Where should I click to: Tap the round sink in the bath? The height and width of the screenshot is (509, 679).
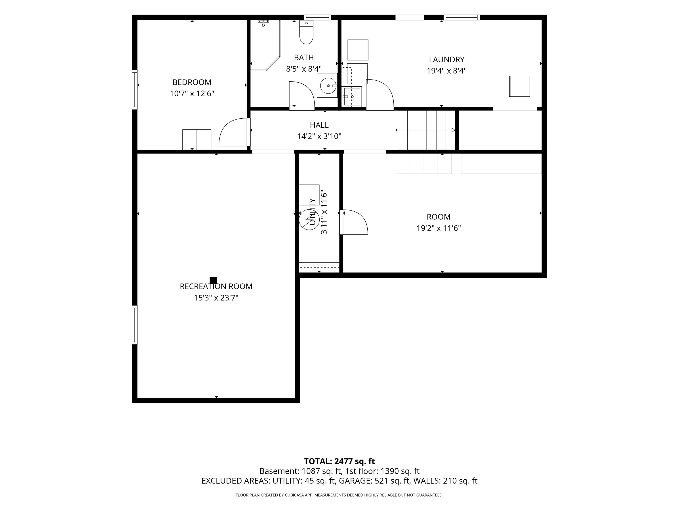(x=328, y=85)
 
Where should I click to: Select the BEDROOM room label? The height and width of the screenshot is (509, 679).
(x=192, y=82)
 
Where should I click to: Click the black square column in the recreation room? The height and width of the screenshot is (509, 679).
(x=213, y=280)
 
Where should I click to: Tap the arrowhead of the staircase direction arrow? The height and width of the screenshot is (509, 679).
(x=453, y=130)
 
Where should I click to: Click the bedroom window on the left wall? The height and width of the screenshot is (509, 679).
(x=134, y=90)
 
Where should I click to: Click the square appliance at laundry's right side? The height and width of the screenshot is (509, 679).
(x=519, y=86)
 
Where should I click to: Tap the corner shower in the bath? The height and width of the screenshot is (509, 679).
(x=265, y=45)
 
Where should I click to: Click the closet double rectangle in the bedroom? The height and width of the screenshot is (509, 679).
(x=197, y=140)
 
